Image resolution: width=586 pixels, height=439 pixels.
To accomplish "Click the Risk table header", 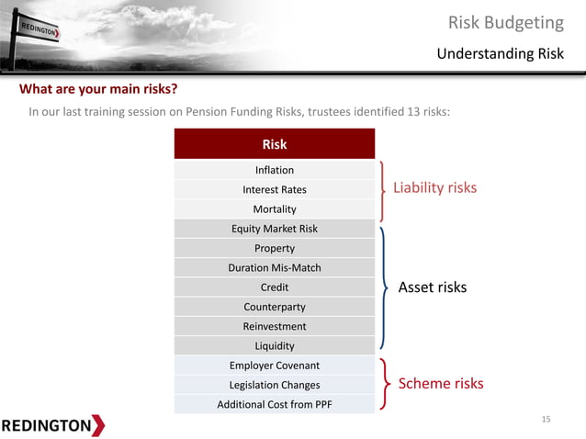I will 275,144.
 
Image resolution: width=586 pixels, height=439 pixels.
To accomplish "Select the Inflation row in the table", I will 275,170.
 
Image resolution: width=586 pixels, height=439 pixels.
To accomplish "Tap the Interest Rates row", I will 275,189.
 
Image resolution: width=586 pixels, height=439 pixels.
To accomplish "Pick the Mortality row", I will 275,209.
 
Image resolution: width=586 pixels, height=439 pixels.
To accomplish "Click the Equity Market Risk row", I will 275,229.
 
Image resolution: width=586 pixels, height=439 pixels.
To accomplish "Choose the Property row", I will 275,248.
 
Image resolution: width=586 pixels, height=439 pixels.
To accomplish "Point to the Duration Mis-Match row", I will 275,268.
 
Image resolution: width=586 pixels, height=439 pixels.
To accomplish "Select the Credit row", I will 275,287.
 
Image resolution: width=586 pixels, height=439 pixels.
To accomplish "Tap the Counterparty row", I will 275,307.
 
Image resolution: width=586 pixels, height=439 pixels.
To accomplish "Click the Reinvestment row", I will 275,326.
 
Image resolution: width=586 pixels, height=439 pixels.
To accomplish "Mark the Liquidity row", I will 275,346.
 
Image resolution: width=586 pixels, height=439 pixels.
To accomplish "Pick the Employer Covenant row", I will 275,366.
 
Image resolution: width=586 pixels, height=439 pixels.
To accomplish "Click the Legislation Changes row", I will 275,385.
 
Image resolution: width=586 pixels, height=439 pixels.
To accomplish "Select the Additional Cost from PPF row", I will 275,404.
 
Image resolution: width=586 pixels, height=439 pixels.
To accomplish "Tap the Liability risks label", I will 434,187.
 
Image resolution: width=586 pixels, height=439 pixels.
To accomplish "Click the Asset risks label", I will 432,287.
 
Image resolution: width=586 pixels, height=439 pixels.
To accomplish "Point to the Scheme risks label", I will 440,383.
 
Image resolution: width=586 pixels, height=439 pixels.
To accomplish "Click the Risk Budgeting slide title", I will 505,22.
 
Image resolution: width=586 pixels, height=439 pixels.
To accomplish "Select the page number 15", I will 546,420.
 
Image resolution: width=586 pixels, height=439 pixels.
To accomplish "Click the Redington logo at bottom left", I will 52,425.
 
